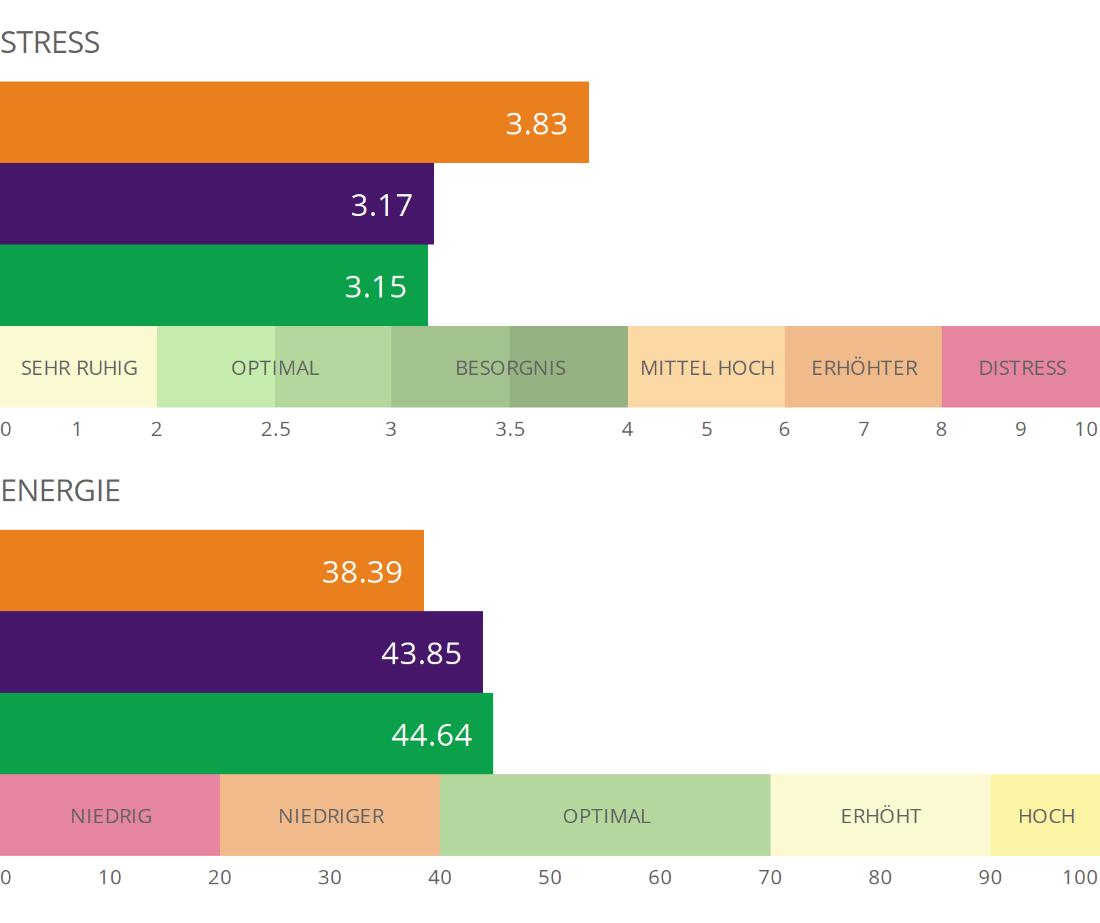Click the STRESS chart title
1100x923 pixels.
(50, 43)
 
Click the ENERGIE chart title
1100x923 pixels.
(60, 491)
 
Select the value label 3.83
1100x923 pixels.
(536, 124)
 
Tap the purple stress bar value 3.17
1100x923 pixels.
(381, 205)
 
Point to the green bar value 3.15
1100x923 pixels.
(375, 287)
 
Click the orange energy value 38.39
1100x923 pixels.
(362, 572)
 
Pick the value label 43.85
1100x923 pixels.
(421, 653)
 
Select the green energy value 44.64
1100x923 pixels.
(431, 735)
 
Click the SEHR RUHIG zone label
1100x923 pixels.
(79, 368)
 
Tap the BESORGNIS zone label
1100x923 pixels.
(510, 368)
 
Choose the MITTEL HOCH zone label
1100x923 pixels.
(707, 368)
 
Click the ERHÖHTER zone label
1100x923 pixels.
(864, 368)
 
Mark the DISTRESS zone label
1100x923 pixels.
(1023, 368)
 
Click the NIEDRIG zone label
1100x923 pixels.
(111, 816)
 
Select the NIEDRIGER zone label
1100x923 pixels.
(332, 816)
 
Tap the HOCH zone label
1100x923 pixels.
(1046, 816)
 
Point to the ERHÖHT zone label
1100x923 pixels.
(881, 816)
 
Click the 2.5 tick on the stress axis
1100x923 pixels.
(276, 429)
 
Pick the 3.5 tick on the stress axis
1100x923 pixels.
(510, 429)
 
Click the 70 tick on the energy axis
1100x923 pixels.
(770, 877)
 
